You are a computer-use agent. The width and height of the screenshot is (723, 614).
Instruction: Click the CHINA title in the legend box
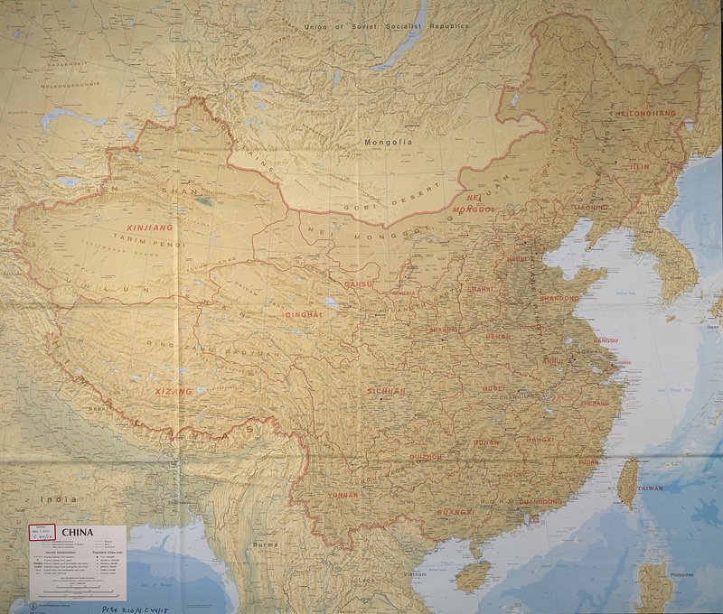pos(79,533)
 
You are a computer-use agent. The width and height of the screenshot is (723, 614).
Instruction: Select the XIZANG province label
pos(174,392)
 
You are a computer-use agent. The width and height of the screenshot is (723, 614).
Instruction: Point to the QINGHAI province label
pos(304,314)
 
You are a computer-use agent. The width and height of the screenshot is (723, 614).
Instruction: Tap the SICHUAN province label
pos(386,391)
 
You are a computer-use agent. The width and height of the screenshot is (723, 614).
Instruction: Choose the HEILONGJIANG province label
pos(644,114)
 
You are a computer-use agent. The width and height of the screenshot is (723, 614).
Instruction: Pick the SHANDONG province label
pos(559,297)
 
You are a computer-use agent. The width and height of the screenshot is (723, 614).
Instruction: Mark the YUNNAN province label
pos(343,496)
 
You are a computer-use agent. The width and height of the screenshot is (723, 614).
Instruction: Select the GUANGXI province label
pos(455,512)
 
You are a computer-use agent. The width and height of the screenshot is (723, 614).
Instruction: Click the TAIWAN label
pos(649,488)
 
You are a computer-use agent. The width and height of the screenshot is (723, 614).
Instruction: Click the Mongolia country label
pos(388,143)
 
